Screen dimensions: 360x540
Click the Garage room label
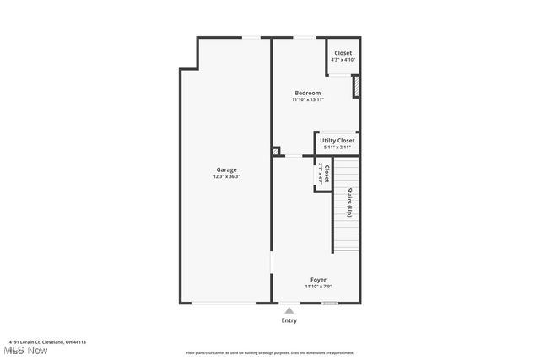[x=226, y=170]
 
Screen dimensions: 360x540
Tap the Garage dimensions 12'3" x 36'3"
[x=226, y=177]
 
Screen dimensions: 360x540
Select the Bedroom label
[x=307, y=93]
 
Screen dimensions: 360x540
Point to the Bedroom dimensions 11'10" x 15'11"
[x=308, y=99]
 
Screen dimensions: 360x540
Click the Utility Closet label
[x=337, y=141]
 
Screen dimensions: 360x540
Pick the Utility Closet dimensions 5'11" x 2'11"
[x=337, y=148]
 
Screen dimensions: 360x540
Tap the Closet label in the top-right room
[x=343, y=53]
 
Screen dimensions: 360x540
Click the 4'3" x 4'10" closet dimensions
[x=343, y=59]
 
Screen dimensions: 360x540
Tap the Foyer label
[x=318, y=280]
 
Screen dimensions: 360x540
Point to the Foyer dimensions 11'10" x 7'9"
[x=318, y=287]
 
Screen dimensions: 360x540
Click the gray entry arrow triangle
[x=289, y=310]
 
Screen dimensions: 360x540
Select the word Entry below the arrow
[x=289, y=320]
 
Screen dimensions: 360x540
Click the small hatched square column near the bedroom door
[x=276, y=152]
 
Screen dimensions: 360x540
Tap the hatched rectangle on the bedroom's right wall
[x=356, y=86]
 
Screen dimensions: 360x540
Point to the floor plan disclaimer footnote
[x=270, y=353]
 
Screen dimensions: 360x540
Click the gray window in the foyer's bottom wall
[x=330, y=303]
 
